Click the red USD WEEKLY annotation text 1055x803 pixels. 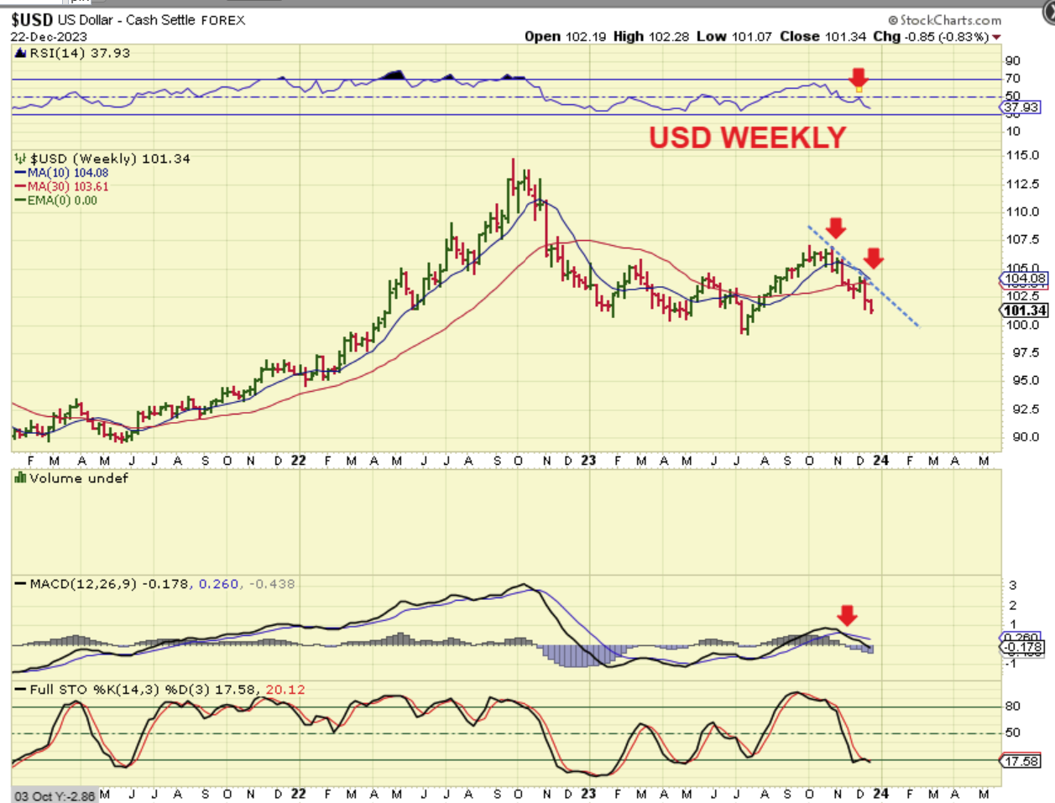[747, 138]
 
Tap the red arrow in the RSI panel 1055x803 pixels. [858, 78]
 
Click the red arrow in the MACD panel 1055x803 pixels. [847, 615]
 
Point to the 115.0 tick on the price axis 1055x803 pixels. [1022, 155]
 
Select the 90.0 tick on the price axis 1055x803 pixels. [1022, 436]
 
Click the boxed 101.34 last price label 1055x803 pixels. [1025, 310]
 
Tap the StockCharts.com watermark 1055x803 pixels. [945, 20]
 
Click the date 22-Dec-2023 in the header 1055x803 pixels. [49, 37]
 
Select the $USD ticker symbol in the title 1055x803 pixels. [32, 20]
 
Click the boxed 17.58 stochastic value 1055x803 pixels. [1021, 761]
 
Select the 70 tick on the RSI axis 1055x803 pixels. [1013, 78]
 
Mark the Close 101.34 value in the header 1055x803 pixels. [823, 37]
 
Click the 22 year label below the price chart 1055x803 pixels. [298, 461]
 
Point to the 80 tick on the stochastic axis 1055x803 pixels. [1013, 707]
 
